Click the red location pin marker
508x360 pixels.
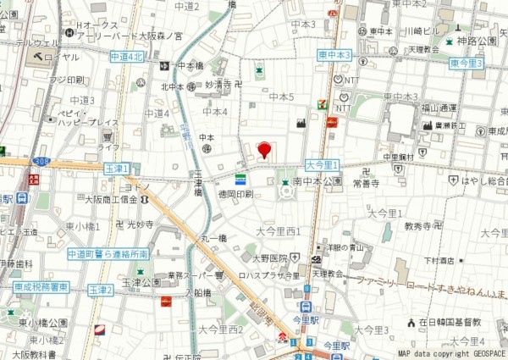pos(263,150)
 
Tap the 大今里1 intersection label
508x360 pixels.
pos(322,165)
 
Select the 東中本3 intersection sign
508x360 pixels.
pos(334,54)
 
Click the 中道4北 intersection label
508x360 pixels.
pos(127,56)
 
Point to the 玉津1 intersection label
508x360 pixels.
pos(115,169)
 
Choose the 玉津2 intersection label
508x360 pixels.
pos(101,290)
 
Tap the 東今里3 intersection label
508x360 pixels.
pos(467,64)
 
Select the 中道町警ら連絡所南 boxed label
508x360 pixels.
pos(108,253)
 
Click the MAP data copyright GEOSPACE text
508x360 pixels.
pos(450,353)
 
